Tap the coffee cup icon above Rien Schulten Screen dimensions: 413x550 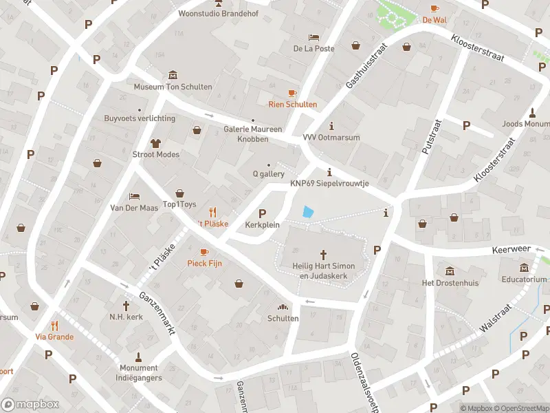point(292,93)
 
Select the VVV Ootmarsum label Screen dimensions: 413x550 point(332,137)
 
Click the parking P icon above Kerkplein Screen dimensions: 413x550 point(262,213)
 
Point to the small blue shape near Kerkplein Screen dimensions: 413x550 point(309,213)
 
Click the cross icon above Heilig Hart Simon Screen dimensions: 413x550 point(323,255)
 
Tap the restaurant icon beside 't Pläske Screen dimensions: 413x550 point(213,213)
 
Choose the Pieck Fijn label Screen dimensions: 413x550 point(203,263)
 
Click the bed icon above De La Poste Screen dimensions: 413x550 point(313,37)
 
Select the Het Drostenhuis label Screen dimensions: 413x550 point(450,283)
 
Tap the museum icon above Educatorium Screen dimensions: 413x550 point(525,268)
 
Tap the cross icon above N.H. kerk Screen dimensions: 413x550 point(126,305)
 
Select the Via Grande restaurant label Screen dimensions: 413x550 point(54,337)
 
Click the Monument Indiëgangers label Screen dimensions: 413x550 point(138,372)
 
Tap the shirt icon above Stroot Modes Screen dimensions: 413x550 point(155,142)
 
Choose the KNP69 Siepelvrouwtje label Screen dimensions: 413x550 point(329,184)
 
